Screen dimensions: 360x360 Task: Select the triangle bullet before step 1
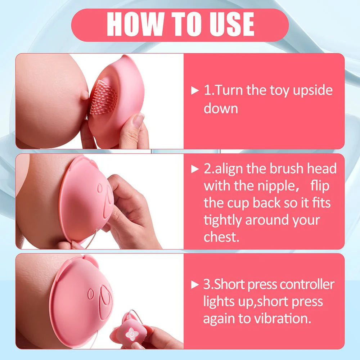(x=195, y=90)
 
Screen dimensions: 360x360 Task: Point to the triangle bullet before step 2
(x=195, y=168)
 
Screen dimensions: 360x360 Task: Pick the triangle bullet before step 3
(x=195, y=285)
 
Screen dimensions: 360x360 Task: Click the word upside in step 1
(x=312, y=91)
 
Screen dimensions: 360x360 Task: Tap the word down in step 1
(x=221, y=108)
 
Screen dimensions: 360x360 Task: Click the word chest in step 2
(x=220, y=237)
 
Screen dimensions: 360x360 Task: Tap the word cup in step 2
(x=238, y=203)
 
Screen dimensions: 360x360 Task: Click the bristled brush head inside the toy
(x=104, y=97)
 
